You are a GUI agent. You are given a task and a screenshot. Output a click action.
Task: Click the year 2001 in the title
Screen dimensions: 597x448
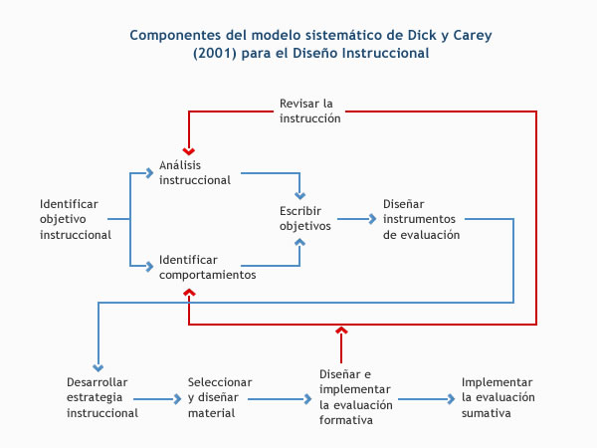[x=215, y=53]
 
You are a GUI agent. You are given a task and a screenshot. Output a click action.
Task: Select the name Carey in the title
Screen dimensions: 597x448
[x=472, y=36]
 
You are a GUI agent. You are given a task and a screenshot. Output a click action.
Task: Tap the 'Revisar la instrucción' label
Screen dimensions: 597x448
[x=309, y=111]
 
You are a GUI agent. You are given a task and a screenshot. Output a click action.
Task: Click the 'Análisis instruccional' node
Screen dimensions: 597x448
[x=195, y=172]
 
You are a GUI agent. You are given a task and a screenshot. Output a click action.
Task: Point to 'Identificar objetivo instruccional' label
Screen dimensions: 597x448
[x=76, y=219]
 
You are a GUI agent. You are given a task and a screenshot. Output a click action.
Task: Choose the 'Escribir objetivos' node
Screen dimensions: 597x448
[x=305, y=218]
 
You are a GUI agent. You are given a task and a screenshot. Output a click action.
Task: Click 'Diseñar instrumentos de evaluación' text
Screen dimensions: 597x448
[x=421, y=219]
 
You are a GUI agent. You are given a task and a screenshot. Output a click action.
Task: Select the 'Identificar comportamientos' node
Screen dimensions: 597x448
[x=208, y=267]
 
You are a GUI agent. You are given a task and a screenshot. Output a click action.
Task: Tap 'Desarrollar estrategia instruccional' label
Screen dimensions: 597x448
[x=102, y=397]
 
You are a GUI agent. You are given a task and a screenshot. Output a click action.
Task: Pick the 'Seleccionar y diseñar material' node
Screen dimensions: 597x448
[x=220, y=397]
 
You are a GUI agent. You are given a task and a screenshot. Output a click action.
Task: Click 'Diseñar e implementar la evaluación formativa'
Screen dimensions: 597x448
[x=355, y=397]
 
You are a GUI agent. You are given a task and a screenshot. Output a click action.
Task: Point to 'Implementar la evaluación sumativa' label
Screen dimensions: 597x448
[x=498, y=397]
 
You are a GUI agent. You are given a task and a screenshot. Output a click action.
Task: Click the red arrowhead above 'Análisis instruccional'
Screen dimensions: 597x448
[x=188, y=151]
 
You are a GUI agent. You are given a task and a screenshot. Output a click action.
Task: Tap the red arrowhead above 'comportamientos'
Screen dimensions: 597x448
[x=189, y=292]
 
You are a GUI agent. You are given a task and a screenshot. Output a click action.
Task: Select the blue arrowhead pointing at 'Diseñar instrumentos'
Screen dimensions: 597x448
[x=372, y=219]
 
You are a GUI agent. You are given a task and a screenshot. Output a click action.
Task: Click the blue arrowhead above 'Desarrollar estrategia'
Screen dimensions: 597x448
[x=99, y=367]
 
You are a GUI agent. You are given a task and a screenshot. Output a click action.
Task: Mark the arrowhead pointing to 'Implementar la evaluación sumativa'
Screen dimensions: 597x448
[x=451, y=399]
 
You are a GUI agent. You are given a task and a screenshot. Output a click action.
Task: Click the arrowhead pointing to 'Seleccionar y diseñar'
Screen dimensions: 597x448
[x=177, y=399]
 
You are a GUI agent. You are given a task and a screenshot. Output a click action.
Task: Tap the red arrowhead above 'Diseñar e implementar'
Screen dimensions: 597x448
[x=341, y=330]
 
